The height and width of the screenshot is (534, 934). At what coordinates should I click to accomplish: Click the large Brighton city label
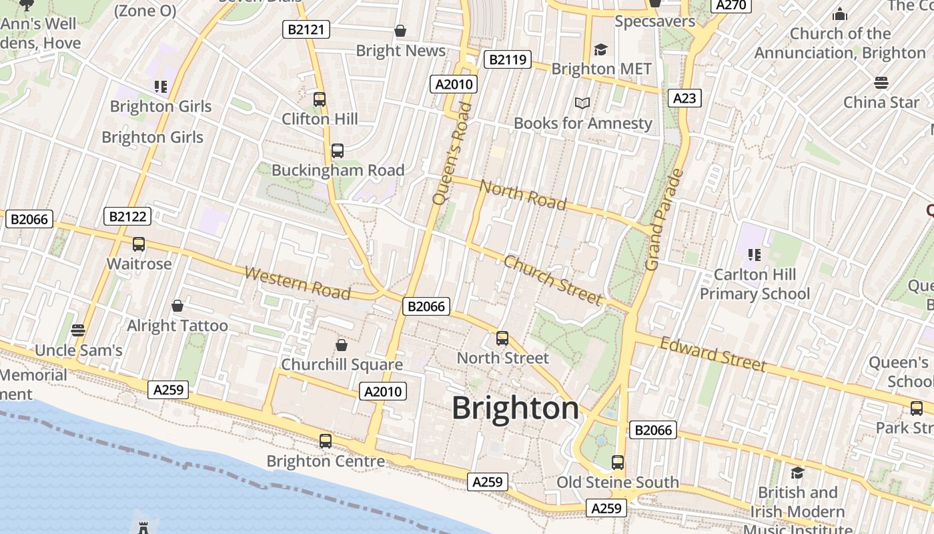[515, 408]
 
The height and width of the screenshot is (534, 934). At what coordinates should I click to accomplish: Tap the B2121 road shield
[306, 29]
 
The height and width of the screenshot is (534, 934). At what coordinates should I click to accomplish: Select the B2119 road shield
[507, 59]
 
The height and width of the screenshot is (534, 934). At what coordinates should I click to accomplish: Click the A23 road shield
[684, 98]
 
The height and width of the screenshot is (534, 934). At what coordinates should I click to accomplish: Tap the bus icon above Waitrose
[139, 244]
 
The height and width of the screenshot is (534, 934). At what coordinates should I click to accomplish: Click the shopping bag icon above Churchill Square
[342, 345]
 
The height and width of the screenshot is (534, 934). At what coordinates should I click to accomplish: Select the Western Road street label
[298, 283]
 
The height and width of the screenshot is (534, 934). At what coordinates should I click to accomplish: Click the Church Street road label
[552, 280]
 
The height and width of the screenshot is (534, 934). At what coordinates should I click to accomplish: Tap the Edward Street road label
[713, 354]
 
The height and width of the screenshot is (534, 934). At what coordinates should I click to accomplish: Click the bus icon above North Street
[502, 338]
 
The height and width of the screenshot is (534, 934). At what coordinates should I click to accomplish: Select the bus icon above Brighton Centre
[326, 441]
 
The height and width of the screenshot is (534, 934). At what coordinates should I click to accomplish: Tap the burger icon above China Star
[881, 83]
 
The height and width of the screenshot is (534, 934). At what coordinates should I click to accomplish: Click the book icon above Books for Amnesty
[582, 103]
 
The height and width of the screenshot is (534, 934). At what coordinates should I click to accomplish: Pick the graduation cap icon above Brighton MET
[600, 49]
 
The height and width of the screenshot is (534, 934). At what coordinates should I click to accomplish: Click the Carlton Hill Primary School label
[755, 284]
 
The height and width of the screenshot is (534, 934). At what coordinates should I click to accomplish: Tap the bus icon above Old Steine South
[618, 462]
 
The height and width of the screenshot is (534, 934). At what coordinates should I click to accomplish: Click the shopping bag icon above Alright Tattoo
[177, 306]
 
